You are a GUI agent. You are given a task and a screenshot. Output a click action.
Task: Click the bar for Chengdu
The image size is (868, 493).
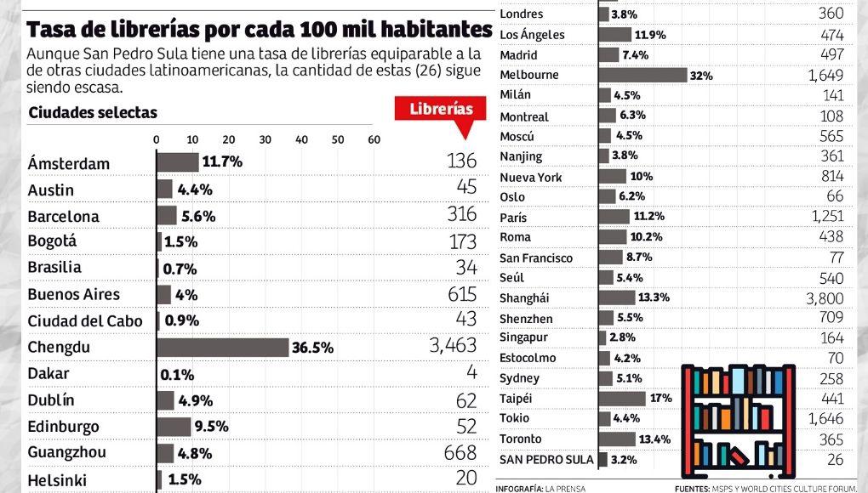point(223,347)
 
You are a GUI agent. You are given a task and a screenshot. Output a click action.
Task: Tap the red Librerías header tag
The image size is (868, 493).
point(441,110)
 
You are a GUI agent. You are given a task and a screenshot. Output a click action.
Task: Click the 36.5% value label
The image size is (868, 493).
point(312,348)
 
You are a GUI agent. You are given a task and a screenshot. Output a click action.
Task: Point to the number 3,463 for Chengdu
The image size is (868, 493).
point(448,346)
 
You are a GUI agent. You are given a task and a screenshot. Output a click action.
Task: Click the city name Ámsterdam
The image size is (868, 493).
point(68,163)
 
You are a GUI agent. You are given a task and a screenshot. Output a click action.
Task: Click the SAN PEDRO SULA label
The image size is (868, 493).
point(546,459)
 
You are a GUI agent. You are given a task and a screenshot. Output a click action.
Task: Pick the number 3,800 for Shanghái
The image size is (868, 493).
point(825,298)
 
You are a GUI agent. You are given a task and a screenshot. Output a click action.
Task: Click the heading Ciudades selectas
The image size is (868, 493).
point(93,113)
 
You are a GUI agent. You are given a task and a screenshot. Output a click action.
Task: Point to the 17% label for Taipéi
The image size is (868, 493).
point(661,398)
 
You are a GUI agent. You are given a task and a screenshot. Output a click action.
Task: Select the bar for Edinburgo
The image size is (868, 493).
point(174,427)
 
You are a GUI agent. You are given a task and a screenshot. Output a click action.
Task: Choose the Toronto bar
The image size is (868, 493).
point(618,439)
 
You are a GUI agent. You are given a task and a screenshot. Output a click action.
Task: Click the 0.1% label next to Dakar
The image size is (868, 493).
point(178,374)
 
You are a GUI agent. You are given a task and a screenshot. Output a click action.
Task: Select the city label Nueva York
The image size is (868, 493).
point(531,178)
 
